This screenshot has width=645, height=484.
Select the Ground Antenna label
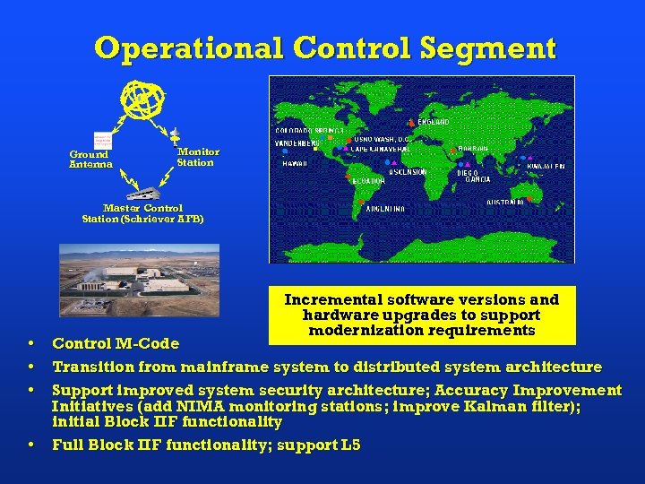(x=91, y=160)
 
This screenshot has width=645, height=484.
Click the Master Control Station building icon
(x=143, y=191)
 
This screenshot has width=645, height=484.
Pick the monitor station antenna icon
(x=175, y=134)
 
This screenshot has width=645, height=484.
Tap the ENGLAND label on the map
(x=434, y=122)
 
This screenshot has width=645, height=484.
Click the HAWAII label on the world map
(x=295, y=164)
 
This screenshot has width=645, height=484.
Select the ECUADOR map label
(x=368, y=180)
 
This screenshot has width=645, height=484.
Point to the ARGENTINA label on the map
(x=385, y=209)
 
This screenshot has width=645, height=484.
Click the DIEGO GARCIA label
(x=477, y=176)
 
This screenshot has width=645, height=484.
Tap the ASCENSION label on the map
(x=408, y=171)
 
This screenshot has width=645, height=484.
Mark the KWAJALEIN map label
(x=546, y=167)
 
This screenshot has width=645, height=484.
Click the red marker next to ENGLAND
(x=412, y=122)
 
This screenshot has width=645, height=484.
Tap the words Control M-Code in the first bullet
(x=116, y=343)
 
